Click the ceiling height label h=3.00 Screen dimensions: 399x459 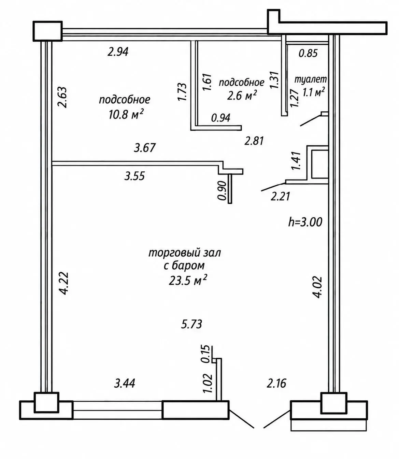[x=305, y=222]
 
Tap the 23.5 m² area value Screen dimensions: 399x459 [x=187, y=281]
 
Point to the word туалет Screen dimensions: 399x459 [x=310, y=79]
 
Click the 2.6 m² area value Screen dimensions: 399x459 [x=242, y=95]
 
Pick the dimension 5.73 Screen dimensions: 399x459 [x=191, y=324]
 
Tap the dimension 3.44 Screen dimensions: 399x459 [x=125, y=383]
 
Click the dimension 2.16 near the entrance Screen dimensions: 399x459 [x=276, y=383]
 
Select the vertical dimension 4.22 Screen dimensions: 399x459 [x=64, y=283]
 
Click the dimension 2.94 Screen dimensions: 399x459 [x=118, y=52]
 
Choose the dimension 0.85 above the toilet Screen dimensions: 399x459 [x=308, y=53]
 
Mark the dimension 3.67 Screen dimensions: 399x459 [x=145, y=148]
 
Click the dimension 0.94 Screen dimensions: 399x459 [x=221, y=118]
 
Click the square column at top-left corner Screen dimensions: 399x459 [x=47, y=31]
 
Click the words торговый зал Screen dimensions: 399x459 [x=185, y=253]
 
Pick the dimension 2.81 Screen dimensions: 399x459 [x=254, y=141]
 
